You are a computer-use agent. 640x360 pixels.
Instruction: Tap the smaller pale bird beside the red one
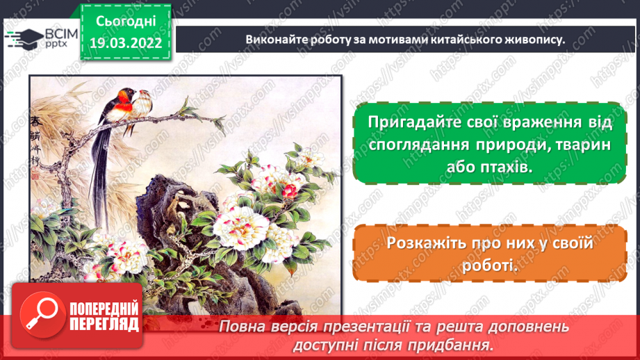tap(144, 104)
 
